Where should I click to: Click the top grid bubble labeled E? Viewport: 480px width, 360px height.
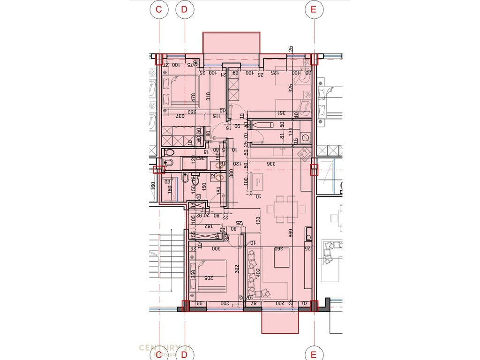[312, 9]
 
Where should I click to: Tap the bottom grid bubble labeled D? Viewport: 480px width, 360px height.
[184, 353]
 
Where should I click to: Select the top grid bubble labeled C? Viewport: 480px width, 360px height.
[160, 9]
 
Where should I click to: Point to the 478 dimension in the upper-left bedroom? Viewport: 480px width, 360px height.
[193, 97]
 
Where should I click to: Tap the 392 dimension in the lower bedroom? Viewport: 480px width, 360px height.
[238, 269]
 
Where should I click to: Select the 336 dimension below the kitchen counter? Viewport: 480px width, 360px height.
[271, 164]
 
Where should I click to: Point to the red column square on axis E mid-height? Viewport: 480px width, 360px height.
[313, 169]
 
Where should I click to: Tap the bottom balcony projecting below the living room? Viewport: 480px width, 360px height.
[280, 322]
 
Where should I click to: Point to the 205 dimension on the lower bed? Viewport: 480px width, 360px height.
[209, 277]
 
